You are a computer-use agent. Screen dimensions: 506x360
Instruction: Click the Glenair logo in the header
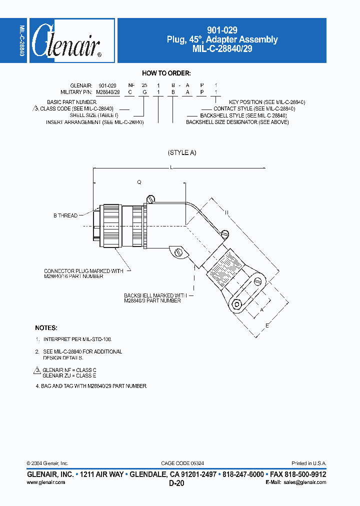click(66, 41)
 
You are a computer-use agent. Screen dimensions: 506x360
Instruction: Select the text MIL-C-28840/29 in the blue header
click(222, 48)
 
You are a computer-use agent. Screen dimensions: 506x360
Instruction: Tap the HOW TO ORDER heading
click(166, 73)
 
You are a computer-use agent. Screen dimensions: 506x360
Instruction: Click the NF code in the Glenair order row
click(130, 86)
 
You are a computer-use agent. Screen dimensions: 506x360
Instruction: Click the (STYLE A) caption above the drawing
click(182, 152)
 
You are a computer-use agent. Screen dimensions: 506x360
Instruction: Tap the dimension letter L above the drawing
click(171, 168)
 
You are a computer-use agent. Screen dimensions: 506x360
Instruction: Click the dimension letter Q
click(139, 183)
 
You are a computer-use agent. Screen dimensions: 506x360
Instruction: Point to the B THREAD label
click(65, 215)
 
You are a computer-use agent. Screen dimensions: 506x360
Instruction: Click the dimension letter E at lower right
click(267, 326)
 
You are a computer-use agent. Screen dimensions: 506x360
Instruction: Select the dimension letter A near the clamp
click(261, 309)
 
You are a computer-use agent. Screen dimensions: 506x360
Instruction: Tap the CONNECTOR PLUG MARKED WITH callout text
click(83, 271)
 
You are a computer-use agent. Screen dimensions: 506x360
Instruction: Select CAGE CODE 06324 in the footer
click(182, 463)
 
